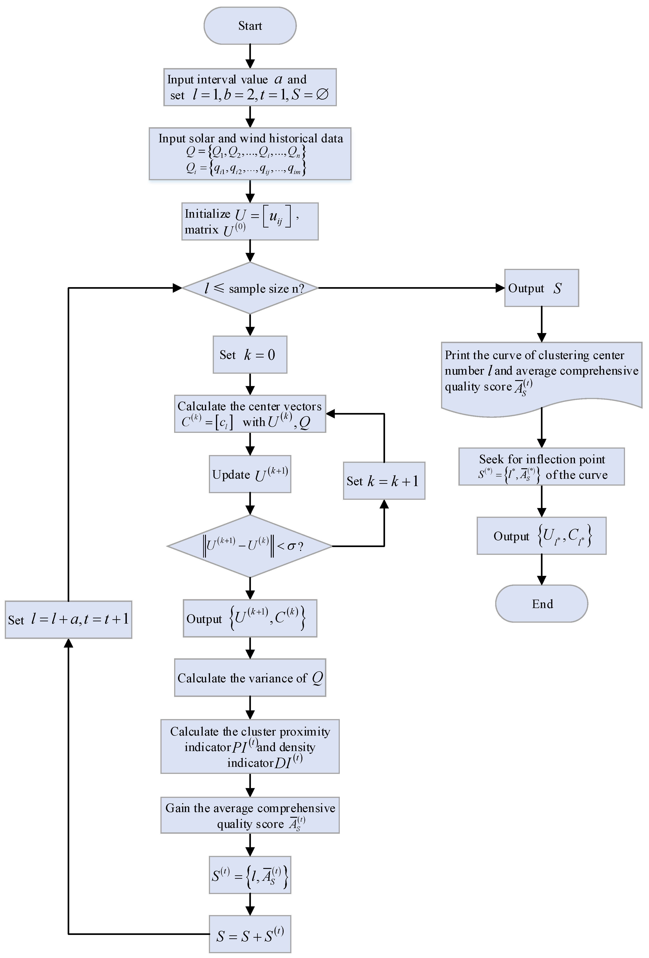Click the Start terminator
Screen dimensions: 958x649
250,26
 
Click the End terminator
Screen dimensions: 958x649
541,603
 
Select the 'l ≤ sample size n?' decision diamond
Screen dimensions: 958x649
250,288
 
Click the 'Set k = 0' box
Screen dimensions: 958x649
250,355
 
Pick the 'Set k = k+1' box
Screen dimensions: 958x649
384,481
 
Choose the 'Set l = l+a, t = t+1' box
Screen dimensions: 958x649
69,619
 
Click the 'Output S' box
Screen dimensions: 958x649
541,288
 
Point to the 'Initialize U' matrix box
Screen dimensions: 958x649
250,221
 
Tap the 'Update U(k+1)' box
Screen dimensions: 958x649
250,474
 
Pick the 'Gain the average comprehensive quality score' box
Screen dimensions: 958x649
250,815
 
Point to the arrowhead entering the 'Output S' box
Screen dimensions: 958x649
500,288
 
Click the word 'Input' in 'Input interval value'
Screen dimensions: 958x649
180,79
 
